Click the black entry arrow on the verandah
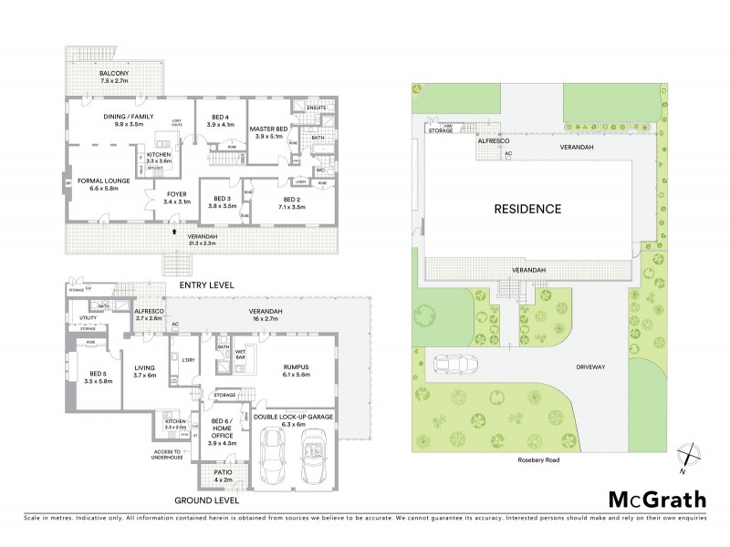click(x=173, y=231)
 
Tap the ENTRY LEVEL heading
click(x=206, y=285)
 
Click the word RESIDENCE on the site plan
click(x=527, y=209)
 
